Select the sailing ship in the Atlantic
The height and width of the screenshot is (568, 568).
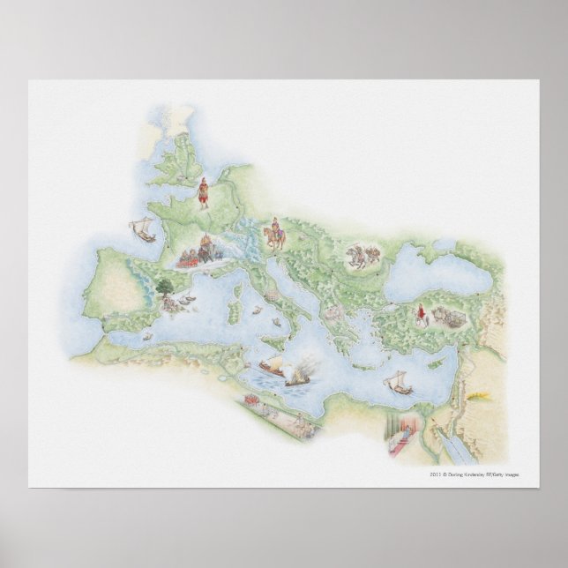point(141,231)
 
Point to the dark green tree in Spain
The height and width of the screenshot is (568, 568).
point(165,286)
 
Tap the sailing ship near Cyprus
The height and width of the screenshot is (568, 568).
point(400,381)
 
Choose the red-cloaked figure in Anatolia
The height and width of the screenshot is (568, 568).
point(422,314)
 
